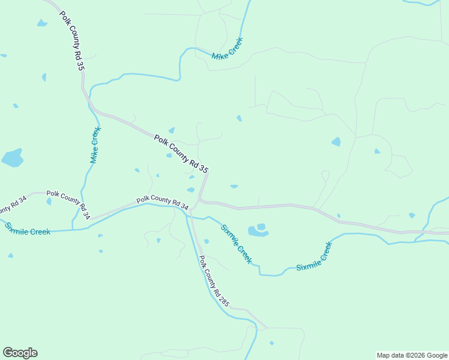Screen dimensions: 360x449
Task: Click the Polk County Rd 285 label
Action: pos(214,281)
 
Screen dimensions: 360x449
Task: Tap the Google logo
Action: pos(20,353)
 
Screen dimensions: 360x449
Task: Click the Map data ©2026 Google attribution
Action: pos(412,355)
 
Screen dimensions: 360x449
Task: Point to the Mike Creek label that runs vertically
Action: pos(95,145)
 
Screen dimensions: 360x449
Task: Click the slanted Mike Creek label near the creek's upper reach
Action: pos(227,49)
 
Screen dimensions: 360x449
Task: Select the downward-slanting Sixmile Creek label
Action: pos(235,244)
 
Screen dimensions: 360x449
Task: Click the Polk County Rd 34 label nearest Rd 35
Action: pos(162,202)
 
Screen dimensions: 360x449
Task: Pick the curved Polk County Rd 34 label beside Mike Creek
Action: pos(68,203)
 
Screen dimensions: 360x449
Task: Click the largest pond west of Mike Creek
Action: pos(12,158)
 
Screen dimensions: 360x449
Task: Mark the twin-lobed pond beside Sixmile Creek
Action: pos(258,230)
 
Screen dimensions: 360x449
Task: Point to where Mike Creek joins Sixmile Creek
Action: pos(74,229)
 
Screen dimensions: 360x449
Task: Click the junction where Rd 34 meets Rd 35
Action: pos(199,200)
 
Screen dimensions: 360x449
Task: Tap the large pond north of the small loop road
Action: pos(336,142)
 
